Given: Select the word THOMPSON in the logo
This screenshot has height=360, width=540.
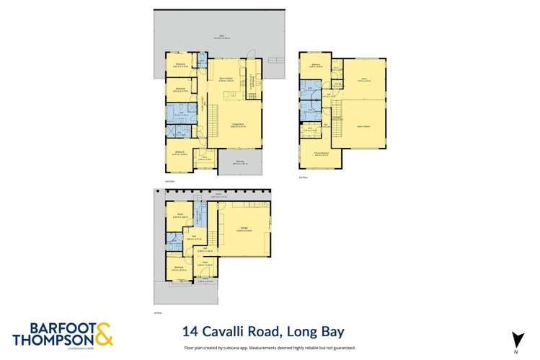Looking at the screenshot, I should click(53, 340).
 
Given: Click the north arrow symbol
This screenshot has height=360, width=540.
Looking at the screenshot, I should click(516, 338).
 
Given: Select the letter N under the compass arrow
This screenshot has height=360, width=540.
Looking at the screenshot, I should click(516, 351).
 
